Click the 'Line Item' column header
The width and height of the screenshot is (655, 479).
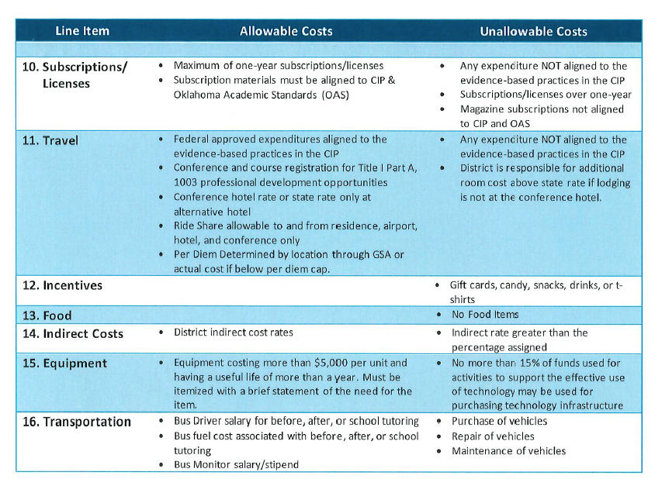click(x=82, y=31)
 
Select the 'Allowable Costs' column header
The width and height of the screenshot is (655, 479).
click(x=286, y=31)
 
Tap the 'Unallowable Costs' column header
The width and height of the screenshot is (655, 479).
click(x=533, y=31)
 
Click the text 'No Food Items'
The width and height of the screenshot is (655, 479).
click(x=485, y=315)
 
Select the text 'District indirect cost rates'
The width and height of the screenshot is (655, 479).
click(x=233, y=333)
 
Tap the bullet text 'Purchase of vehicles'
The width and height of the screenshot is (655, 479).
click(x=499, y=421)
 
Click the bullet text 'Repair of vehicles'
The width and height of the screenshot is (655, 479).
click(x=493, y=436)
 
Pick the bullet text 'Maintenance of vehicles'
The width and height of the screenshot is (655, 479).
click(x=508, y=451)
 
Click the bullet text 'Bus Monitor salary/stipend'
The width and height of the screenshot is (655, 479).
click(x=236, y=465)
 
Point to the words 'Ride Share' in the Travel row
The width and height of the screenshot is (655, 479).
click(x=197, y=226)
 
